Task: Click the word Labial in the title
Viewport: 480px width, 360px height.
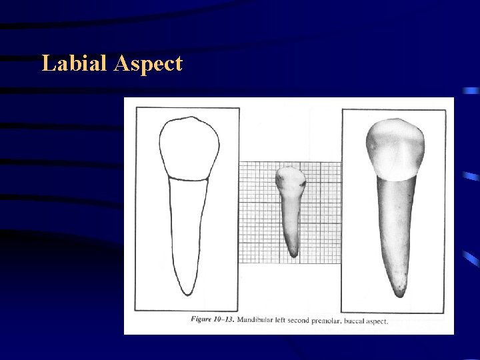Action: pyautogui.click(x=74, y=64)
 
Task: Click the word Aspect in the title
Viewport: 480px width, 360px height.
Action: pyautogui.click(x=148, y=65)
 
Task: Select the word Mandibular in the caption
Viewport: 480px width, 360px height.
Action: pyautogui.click(x=259, y=319)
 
